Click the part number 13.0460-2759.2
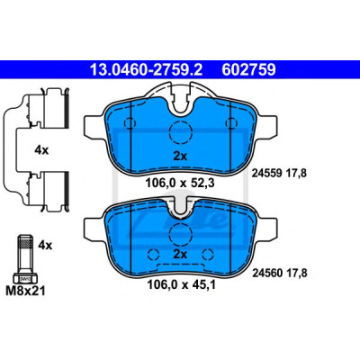[147, 69]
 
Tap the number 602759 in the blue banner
[248, 69]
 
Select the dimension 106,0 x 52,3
[180, 183]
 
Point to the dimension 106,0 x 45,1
[181, 284]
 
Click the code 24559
[266, 173]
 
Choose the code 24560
[267, 273]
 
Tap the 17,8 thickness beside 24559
[295, 174]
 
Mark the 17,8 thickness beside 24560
[296, 274]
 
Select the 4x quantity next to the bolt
[45, 246]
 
